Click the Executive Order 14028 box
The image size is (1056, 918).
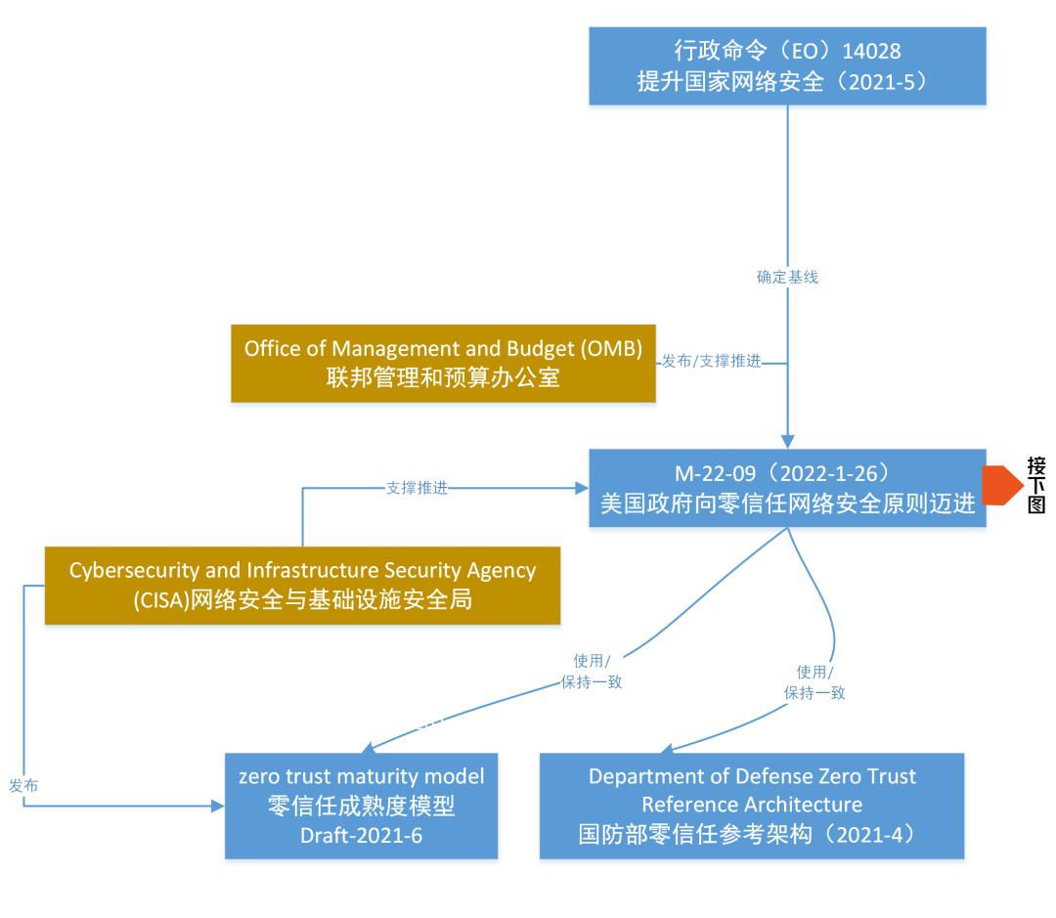787,65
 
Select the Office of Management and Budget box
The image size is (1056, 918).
443,363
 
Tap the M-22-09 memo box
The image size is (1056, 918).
787,488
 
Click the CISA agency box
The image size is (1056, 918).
302,585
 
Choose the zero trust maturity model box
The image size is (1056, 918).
361,806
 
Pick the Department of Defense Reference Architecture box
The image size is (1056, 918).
751,806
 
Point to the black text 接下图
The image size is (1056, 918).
1036,486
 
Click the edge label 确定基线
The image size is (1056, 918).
787,277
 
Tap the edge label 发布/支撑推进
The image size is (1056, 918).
711,362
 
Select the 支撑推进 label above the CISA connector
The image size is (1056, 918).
417,488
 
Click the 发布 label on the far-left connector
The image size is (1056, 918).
23,785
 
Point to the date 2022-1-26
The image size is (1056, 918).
830,473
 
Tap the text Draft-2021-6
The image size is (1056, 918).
361,836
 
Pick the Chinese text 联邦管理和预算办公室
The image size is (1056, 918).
443,377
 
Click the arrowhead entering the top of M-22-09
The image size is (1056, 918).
787,442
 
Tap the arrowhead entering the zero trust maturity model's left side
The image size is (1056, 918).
217,806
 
